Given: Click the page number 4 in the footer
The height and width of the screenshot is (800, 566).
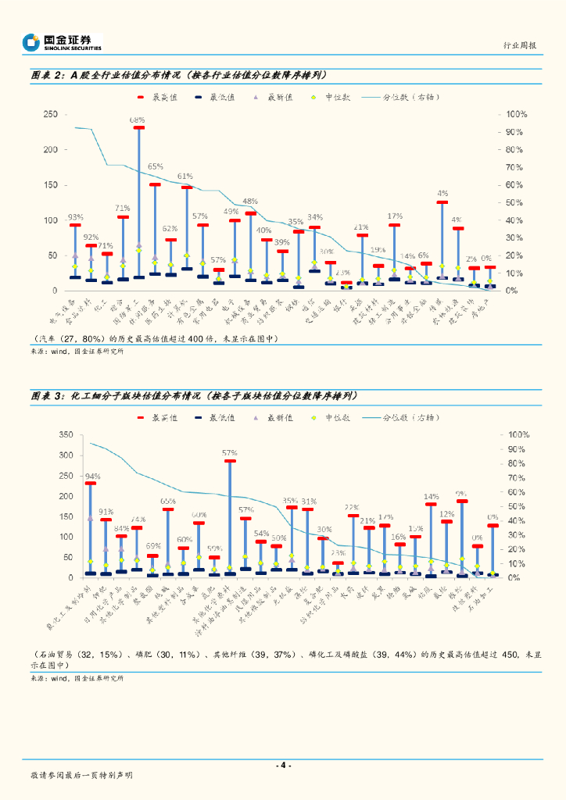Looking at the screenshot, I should tap(283, 765).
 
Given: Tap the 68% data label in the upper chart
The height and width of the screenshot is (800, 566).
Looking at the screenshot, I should tap(138, 120).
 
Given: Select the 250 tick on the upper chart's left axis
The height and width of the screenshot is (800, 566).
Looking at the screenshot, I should tap(50, 114).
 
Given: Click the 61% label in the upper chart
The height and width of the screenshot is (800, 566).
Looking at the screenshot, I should tap(185, 177).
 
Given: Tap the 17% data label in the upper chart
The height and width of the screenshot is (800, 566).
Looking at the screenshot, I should tap(395, 216).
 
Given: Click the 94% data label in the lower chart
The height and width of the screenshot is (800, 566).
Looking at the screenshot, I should tap(92, 476).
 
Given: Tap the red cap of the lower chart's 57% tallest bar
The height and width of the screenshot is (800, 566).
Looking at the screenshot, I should tap(230, 461).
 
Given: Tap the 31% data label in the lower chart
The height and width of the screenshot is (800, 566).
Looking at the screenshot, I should tap(309, 502).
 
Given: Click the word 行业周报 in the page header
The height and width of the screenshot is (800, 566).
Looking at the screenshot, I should tap(520, 46).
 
